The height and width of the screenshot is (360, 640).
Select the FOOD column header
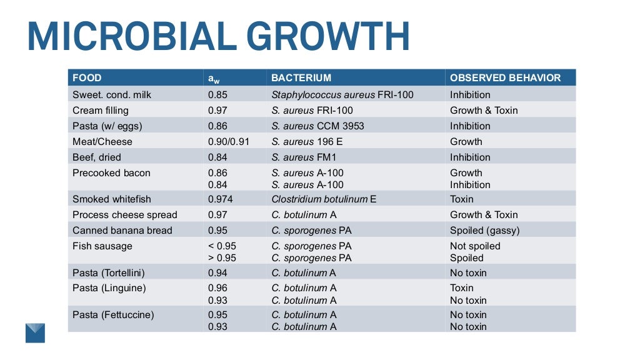(x=87, y=78)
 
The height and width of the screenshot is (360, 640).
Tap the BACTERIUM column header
(x=301, y=78)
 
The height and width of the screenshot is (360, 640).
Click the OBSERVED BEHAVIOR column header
(x=505, y=78)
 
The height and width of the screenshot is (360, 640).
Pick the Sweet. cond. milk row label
(x=112, y=95)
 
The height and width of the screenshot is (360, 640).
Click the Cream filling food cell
(x=101, y=111)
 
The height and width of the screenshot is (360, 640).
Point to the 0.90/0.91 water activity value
(x=229, y=142)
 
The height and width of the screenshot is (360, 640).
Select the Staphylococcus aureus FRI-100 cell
(x=342, y=95)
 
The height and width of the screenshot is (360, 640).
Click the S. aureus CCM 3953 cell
(x=317, y=126)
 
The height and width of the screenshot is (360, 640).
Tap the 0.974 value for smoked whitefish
(x=221, y=199)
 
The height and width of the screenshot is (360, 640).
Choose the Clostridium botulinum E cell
(x=324, y=199)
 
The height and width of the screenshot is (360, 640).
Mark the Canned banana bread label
(x=122, y=231)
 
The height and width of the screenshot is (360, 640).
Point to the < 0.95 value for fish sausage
(x=222, y=246)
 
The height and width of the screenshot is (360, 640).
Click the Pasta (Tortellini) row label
(x=109, y=273)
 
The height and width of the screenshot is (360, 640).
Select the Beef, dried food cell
(x=97, y=157)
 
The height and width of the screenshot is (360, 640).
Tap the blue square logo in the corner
(x=35, y=332)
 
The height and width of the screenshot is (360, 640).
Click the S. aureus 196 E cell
(x=307, y=142)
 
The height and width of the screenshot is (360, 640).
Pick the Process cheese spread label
(x=125, y=215)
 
